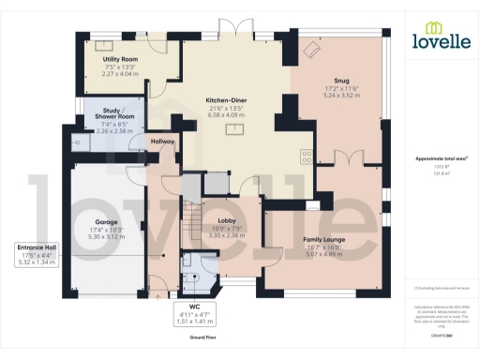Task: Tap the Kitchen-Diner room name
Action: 226,100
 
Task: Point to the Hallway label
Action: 162,142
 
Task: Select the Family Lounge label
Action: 323,240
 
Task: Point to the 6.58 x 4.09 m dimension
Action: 226,115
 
